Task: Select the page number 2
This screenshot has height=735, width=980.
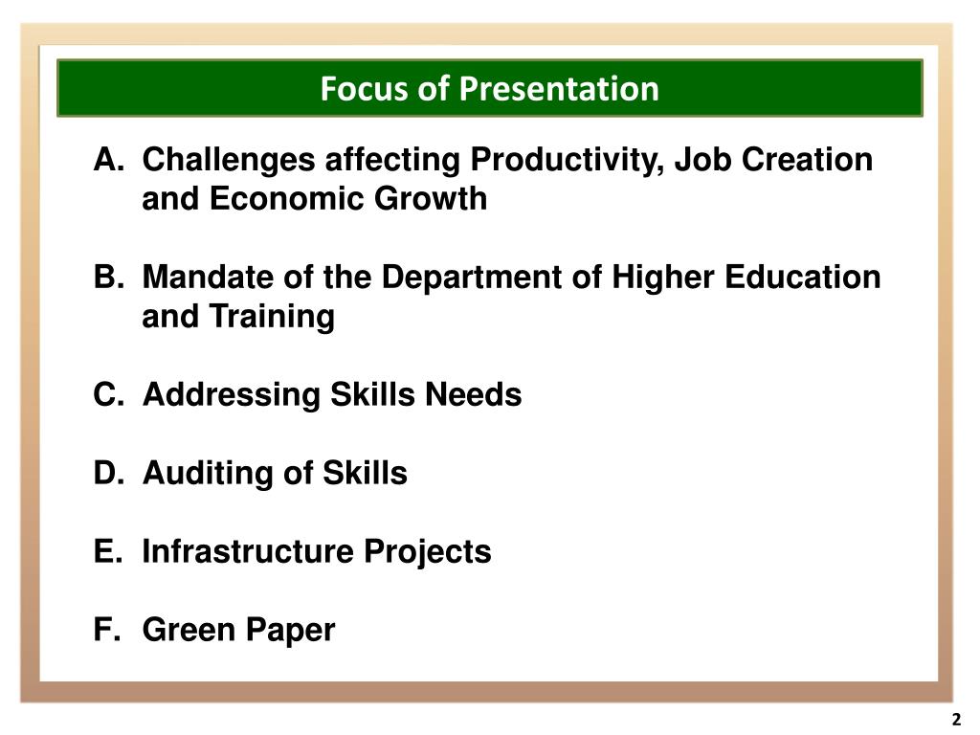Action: point(955,720)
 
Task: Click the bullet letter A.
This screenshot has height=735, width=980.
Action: point(105,160)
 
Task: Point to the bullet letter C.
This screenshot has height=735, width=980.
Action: point(105,394)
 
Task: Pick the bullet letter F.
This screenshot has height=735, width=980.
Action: point(104,630)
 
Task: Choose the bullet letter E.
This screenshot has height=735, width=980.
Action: point(105,551)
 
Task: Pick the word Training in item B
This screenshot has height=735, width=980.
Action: point(273,317)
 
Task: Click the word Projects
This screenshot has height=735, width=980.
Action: point(426,551)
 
